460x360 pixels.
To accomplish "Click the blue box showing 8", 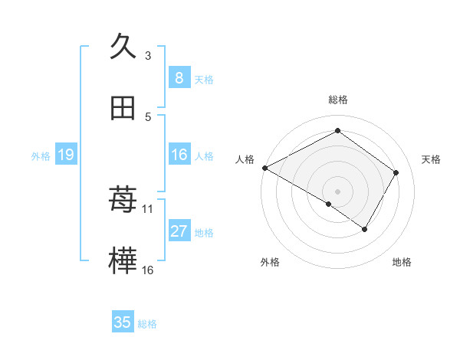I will click(x=179, y=77).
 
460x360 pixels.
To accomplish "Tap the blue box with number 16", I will click(x=179, y=155).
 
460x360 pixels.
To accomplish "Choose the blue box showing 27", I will click(x=179, y=231).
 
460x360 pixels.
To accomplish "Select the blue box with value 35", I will click(x=123, y=322).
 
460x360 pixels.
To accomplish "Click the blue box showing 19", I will click(x=66, y=155).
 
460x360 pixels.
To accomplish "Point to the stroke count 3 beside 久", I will click(x=148, y=56).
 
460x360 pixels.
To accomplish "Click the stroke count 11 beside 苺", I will click(x=148, y=208).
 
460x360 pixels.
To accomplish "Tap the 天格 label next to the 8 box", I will click(x=204, y=79).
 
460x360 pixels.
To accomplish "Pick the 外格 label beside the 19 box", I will click(x=41, y=155).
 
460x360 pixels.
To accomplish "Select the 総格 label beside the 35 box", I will click(x=147, y=324).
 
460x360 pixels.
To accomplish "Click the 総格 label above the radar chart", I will click(x=338, y=100).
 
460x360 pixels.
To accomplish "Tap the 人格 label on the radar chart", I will click(x=245, y=159).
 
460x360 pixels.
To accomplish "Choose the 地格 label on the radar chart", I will click(x=402, y=262).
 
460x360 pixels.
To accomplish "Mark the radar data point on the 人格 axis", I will click(x=264, y=168).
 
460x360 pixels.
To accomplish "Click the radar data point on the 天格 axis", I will click(x=396, y=172).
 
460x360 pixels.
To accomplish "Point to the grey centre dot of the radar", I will click(x=337, y=191).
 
